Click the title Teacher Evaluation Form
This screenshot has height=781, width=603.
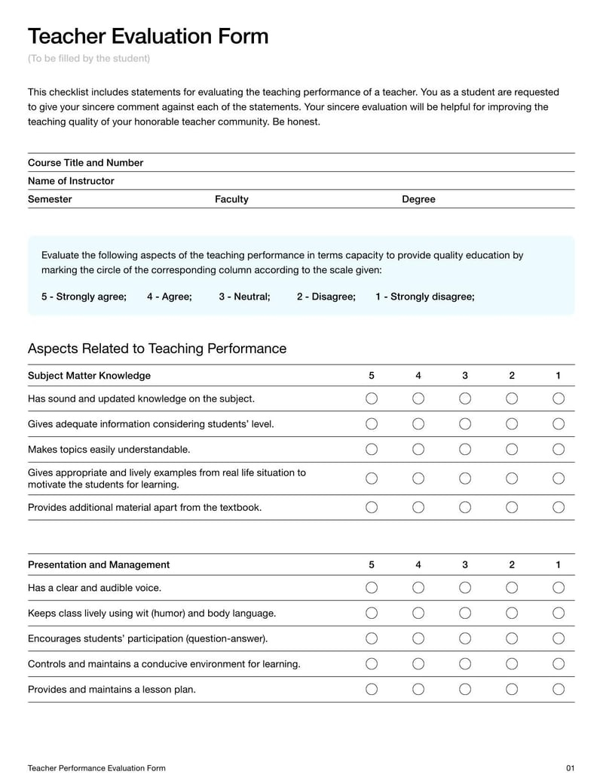pyautogui.click(x=148, y=36)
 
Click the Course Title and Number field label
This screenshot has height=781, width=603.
pyautogui.click(x=85, y=163)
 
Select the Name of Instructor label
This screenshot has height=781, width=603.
pyautogui.click(x=71, y=181)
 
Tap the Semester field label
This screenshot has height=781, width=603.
pyautogui.click(x=50, y=199)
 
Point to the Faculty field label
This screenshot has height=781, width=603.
pyautogui.click(x=231, y=199)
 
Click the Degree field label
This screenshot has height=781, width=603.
pyautogui.click(x=418, y=199)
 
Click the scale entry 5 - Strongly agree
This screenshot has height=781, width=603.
pyautogui.click(x=84, y=297)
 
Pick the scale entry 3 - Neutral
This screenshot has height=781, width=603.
pyautogui.click(x=244, y=297)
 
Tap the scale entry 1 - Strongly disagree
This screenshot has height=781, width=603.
pyautogui.click(x=424, y=297)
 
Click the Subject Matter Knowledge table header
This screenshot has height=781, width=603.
pyautogui.click(x=89, y=376)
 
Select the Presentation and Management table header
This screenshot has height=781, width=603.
pyautogui.click(x=99, y=564)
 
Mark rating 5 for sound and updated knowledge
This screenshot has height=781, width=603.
pyautogui.click(x=372, y=398)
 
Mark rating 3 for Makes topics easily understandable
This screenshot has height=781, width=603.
pyautogui.click(x=465, y=450)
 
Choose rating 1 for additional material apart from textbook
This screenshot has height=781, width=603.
pyautogui.click(x=559, y=507)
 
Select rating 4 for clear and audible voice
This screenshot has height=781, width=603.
pyautogui.click(x=418, y=588)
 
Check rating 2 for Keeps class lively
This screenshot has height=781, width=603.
pyautogui.click(x=512, y=613)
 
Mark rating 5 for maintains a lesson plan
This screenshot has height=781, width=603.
pyautogui.click(x=372, y=689)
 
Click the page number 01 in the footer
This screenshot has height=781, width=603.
pyautogui.click(x=570, y=768)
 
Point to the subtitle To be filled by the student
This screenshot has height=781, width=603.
pyautogui.click(x=89, y=59)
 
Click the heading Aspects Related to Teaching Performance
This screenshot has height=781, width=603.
pyautogui.click(x=157, y=349)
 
